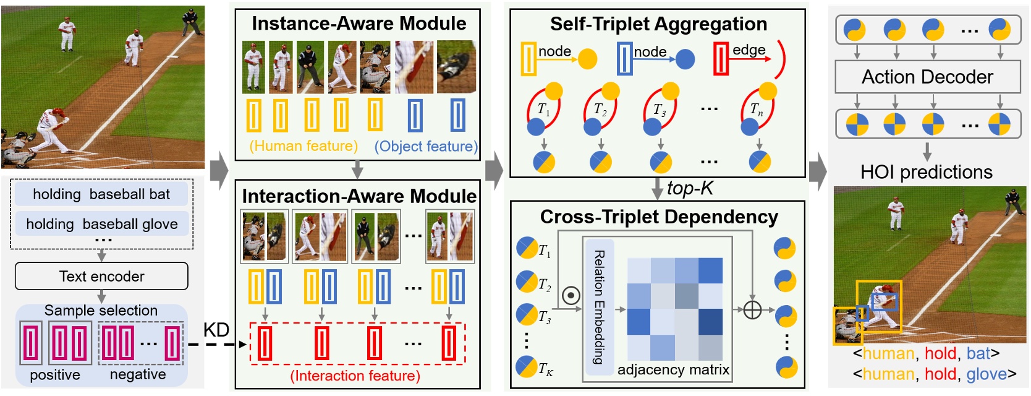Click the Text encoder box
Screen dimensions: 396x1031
(x=101, y=276)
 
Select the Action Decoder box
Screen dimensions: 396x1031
(x=927, y=77)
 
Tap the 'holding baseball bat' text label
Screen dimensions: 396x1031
(x=101, y=194)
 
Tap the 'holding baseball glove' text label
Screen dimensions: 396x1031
(x=101, y=223)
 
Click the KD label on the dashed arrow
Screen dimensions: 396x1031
(x=216, y=330)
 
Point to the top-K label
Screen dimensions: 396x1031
(x=690, y=188)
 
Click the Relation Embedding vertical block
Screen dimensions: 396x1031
(x=598, y=308)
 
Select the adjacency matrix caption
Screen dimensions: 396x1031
(x=673, y=370)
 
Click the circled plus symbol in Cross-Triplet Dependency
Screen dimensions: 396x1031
(x=752, y=309)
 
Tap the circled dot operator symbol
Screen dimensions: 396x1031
(x=571, y=296)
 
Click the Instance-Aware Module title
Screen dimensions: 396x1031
(x=359, y=24)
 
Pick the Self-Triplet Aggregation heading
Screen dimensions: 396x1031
(x=658, y=24)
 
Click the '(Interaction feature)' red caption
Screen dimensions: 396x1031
(x=355, y=376)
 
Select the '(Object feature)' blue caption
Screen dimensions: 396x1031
(x=426, y=147)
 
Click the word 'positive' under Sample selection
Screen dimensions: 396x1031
(x=55, y=375)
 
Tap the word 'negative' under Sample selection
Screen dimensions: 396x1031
(x=137, y=375)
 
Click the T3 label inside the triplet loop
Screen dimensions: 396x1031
(x=660, y=110)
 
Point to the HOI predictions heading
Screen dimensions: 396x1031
(x=926, y=172)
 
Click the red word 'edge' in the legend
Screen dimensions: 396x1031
(x=749, y=50)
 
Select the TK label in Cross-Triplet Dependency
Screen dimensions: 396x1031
(x=545, y=370)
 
